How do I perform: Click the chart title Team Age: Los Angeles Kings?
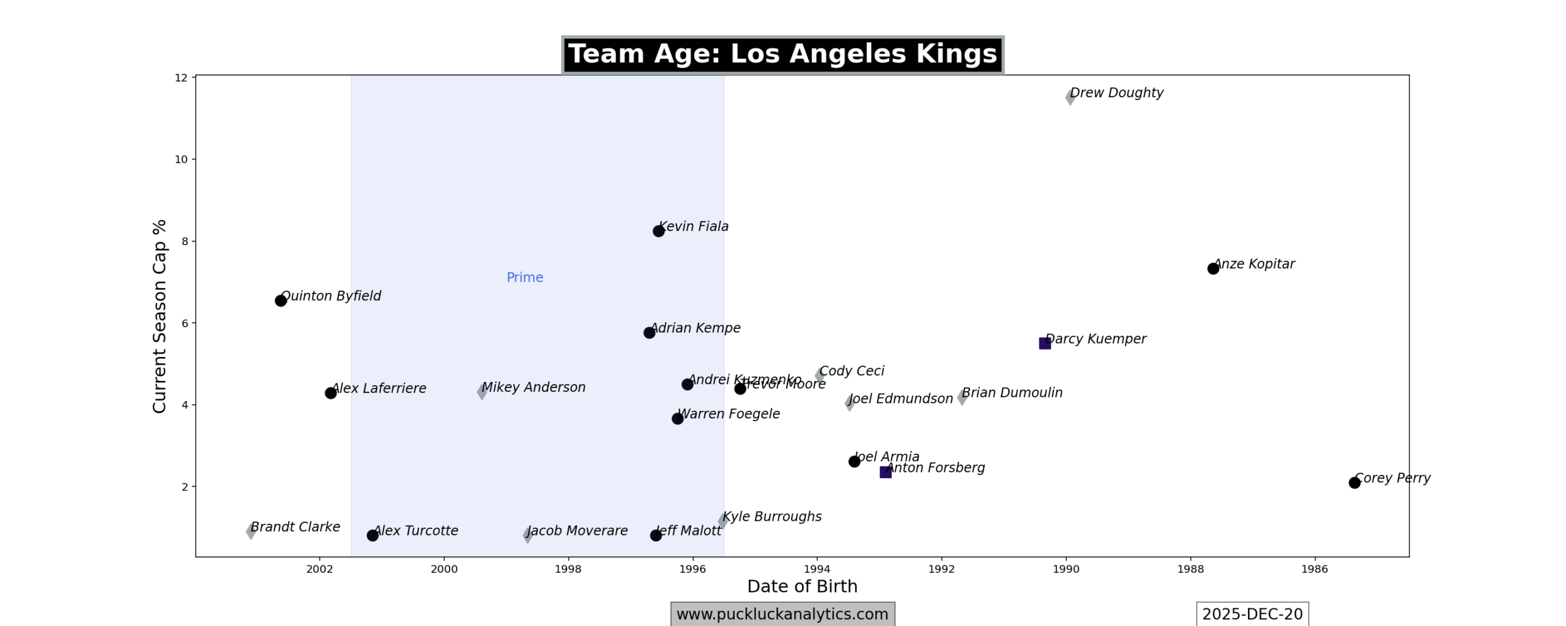pos(782,54)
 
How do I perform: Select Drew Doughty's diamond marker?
pos(1070,97)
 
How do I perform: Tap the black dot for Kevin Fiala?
pos(658,231)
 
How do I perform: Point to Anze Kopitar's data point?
pos(1213,268)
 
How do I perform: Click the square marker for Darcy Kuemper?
pos(1045,344)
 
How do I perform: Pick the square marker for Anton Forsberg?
pos(885,472)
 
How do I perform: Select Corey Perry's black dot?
pos(1354,482)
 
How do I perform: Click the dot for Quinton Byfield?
pos(281,301)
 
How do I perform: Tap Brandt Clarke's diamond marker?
pos(251,531)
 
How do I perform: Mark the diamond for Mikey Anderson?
pos(482,392)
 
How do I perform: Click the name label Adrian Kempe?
pos(695,328)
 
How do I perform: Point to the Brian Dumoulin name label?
pos(1012,393)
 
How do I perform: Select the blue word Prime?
pos(525,278)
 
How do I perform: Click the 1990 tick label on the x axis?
pos(1066,569)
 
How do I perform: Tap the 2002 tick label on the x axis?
pos(319,569)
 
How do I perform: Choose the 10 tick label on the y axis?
pos(181,160)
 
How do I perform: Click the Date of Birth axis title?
pos(802,586)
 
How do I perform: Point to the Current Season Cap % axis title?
pos(160,316)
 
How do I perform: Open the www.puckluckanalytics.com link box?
pos(782,614)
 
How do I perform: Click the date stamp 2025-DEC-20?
pos(1252,614)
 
